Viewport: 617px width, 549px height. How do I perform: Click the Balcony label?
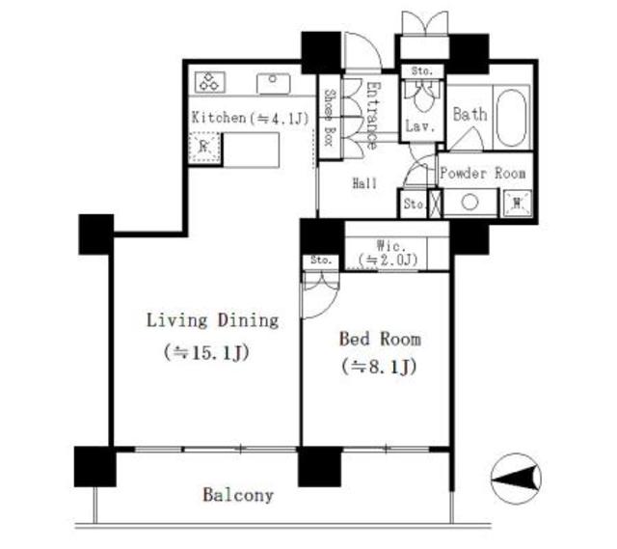[x=238, y=495]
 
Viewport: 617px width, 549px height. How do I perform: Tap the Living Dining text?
[x=212, y=320]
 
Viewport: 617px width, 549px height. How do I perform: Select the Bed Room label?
[x=380, y=339]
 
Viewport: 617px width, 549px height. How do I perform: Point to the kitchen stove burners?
[x=210, y=82]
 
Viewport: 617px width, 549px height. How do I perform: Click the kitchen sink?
[x=273, y=84]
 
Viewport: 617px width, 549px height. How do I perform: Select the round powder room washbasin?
[x=469, y=203]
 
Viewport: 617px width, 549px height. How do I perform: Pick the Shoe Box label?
[x=329, y=118]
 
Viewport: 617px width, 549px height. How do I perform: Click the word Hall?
[x=364, y=183]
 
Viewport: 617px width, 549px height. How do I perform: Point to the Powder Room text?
[x=483, y=173]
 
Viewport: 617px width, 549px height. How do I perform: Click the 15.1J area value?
[x=206, y=353]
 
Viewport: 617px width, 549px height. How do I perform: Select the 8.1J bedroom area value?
[x=379, y=367]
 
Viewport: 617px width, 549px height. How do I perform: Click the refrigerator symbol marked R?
[x=203, y=148]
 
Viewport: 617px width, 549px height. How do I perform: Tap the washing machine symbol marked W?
[x=518, y=203]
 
